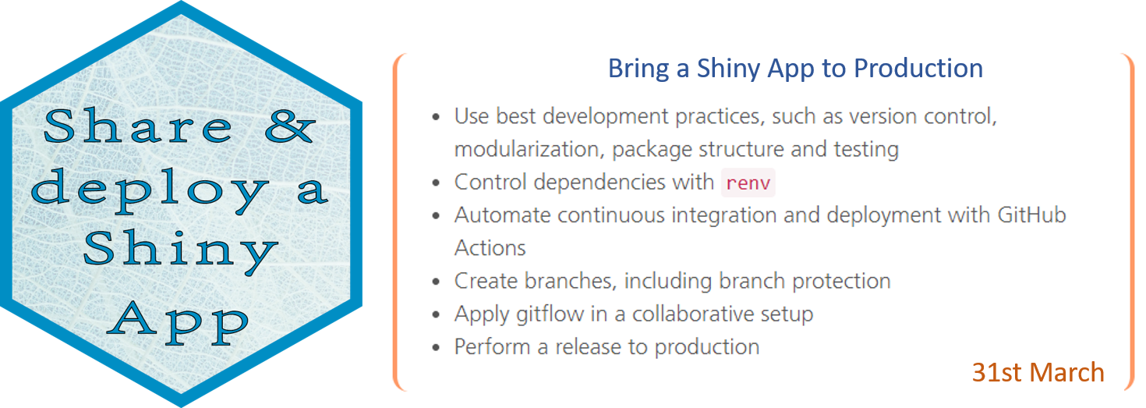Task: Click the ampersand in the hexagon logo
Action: click(289, 126)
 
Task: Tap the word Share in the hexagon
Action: click(138, 125)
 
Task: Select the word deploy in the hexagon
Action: click(150, 190)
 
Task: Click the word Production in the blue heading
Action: click(918, 68)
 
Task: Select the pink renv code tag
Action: click(748, 183)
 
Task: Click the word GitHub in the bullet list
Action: click(1031, 215)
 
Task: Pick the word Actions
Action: click(490, 248)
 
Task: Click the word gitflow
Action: click(550, 314)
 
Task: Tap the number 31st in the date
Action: click(996, 372)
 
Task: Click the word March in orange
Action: click(1067, 372)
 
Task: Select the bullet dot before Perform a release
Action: click(436, 348)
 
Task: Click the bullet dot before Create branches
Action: click(436, 282)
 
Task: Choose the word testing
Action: click(866, 150)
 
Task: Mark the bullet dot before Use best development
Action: click(436, 117)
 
